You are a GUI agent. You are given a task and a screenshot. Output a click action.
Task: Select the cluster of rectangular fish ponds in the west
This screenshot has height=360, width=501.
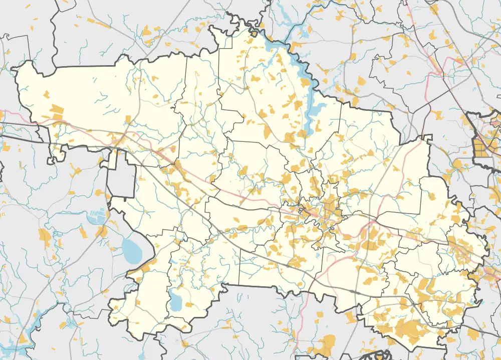coord(96,217)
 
